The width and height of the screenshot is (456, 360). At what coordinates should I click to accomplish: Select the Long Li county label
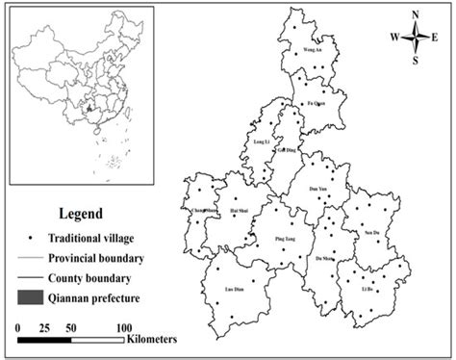pos(261,142)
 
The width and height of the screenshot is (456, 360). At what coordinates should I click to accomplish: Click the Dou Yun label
pos(318,189)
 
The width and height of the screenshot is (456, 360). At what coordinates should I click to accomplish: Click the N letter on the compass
pos(415,14)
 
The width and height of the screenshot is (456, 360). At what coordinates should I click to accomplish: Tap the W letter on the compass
pos(394,38)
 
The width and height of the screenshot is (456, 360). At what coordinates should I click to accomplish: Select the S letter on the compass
pos(416,60)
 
